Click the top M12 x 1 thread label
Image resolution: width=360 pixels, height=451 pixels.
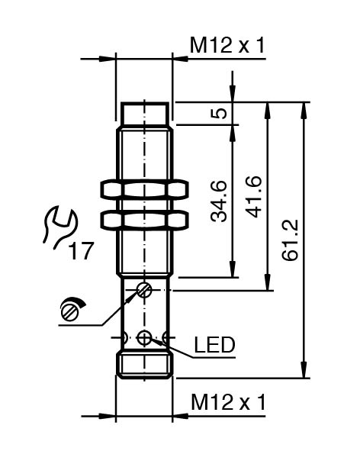(227, 45)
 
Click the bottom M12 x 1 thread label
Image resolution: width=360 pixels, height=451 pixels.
(228, 402)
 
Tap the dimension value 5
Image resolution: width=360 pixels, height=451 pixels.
(219, 113)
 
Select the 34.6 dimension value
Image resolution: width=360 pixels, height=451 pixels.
(219, 201)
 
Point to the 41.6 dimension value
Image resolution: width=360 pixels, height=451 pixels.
(254, 197)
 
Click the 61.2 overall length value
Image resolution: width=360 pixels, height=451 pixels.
(290, 240)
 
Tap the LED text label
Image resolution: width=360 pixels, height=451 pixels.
(214, 345)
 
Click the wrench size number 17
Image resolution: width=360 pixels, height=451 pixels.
(82, 250)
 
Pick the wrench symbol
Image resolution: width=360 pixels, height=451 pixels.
(61, 227)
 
